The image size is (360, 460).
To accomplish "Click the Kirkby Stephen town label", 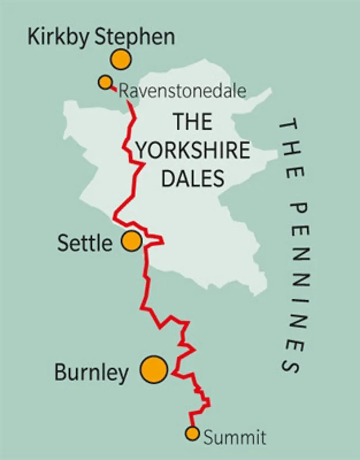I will pyautogui.click(x=101, y=37).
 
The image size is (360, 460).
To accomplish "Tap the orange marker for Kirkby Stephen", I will pyautogui.click(x=121, y=59).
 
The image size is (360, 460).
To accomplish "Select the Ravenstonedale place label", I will pyautogui.click(x=182, y=91).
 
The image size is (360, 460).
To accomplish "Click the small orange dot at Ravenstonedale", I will pyautogui.click(x=105, y=82).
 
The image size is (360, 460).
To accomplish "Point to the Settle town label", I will pyautogui.click(x=85, y=244).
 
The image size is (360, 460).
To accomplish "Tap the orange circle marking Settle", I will pyautogui.click(x=132, y=241).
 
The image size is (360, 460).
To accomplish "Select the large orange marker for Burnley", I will pyautogui.click(x=154, y=370).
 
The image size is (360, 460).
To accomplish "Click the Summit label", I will pyautogui.click(x=234, y=437).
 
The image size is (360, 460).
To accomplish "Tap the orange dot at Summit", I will pyautogui.click(x=192, y=433).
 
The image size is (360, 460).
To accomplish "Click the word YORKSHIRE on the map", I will pyautogui.click(x=193, y=150).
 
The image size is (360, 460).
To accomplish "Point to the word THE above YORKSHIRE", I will pyautogui.click(x=193, y=122).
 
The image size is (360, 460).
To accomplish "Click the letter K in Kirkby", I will pyautogui.click(x=33, y=36).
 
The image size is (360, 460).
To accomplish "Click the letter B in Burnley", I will pyautogui.click(x=61, y=373).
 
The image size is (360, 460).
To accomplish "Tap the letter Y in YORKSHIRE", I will pyautogui.click(x=142, y=150).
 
